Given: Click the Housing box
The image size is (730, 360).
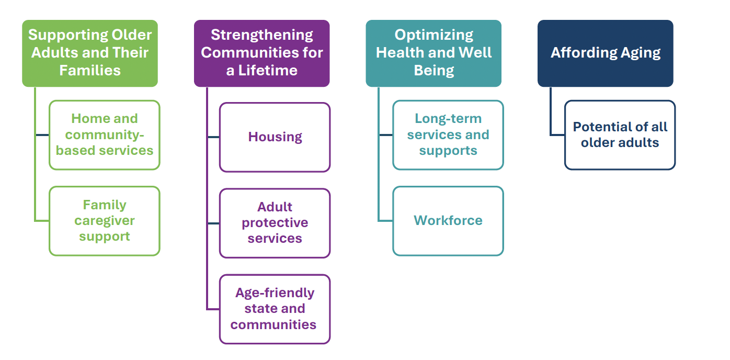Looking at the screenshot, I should (x=275, y=137).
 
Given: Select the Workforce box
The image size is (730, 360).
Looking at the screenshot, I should (x=448, y=220).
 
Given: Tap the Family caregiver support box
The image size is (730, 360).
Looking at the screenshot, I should (x=104, y=221).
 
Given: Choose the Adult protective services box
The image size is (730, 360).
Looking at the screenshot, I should (x=275, y=223).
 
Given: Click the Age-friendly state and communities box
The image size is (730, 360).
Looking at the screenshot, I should (x=275, y=309).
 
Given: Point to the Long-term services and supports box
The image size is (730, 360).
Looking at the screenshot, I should (x=448, y=135).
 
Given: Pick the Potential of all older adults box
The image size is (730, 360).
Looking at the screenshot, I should (x=620, y=135).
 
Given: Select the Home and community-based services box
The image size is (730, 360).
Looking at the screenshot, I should (x=104, y=135).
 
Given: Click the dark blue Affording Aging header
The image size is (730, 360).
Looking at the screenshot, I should (x=605, y=53).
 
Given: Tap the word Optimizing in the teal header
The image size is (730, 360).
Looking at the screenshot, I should (x=434, y=35).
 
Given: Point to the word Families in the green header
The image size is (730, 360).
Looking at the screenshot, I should (x=89, y=71).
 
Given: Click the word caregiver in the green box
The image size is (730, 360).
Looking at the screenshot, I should (x=105, y=221).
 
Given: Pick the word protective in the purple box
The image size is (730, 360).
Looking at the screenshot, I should (x=275, y=223).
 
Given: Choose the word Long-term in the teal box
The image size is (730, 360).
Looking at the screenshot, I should (x=448, y=119).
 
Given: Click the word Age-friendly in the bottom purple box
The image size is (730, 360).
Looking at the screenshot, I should (x=275, y=293).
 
